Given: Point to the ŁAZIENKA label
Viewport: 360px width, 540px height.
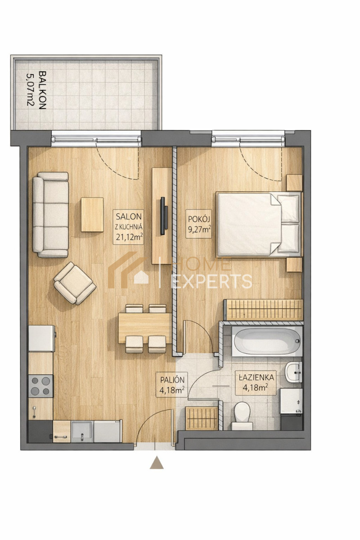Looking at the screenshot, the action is (x=256, y=378).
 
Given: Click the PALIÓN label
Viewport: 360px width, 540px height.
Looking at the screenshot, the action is (x=172, y=380).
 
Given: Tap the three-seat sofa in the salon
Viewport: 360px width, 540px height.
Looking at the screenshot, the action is (x=50, y=215).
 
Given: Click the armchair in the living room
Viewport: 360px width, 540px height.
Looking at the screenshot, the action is (x=75, y=283).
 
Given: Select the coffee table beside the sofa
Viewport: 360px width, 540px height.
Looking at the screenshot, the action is (x=92, y=215).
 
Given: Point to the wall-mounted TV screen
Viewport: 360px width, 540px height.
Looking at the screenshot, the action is (x=164, y=216).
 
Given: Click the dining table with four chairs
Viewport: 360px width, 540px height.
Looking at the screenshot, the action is (x=145, y=328).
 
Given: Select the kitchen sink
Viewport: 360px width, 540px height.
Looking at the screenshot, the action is (x=81, y=432).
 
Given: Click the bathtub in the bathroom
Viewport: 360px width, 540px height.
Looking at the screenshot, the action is (x=267, y=342).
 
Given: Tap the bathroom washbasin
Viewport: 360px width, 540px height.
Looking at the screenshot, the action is (x=293, y=373).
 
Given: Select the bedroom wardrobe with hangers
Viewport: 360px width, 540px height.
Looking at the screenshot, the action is (x=264, y=310).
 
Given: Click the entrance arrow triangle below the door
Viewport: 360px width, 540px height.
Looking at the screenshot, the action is (x=157, y=463).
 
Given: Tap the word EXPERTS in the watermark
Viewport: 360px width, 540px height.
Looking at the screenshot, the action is (x=211, y=282).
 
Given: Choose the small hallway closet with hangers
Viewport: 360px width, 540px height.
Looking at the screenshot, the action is (x=202, y=418).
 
